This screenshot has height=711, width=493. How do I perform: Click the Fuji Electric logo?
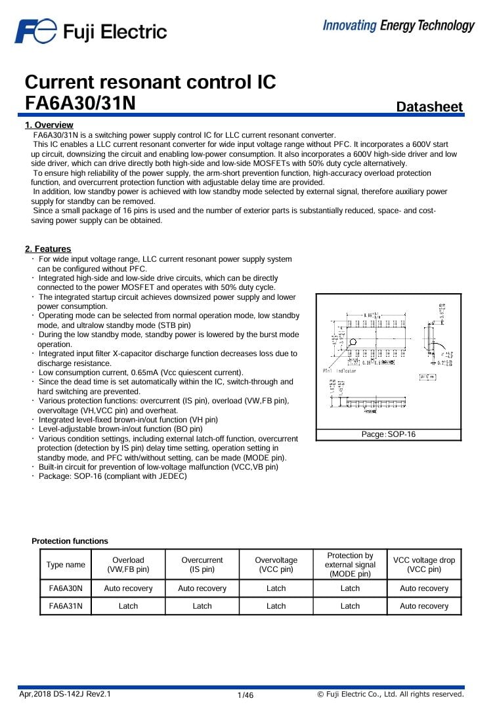pos(91,31)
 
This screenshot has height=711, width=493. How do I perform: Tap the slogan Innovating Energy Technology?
pos(398,26)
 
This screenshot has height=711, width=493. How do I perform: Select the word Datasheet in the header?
pos(429,107)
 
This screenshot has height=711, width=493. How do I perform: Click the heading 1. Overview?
pos(49,125)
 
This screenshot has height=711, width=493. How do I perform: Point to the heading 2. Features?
pos(48,249)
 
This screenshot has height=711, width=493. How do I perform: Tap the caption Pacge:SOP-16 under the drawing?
pos(389,434)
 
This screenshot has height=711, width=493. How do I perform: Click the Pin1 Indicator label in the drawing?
pos(339,371)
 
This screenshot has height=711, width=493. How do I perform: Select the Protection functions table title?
pos(70,541)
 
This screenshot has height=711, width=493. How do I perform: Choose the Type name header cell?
pos(66,565)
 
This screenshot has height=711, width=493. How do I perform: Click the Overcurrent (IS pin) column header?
pos(202,565)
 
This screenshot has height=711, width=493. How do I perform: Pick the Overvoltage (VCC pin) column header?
pos(276,565)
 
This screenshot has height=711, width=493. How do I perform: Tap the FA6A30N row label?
pos(66,588)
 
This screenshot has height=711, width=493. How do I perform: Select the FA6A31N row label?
pos(66,606)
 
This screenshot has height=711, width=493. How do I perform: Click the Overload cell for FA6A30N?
pos(128,588)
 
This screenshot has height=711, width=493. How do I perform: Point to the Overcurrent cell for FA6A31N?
pos(202,606)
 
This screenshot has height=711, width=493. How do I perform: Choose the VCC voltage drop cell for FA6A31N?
pos(424,606)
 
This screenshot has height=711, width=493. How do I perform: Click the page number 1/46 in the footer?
pos(245,695)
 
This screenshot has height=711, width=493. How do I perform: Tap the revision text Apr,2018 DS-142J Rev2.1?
pos(65,694)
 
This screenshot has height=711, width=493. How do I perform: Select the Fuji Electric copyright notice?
pos(391,694)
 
